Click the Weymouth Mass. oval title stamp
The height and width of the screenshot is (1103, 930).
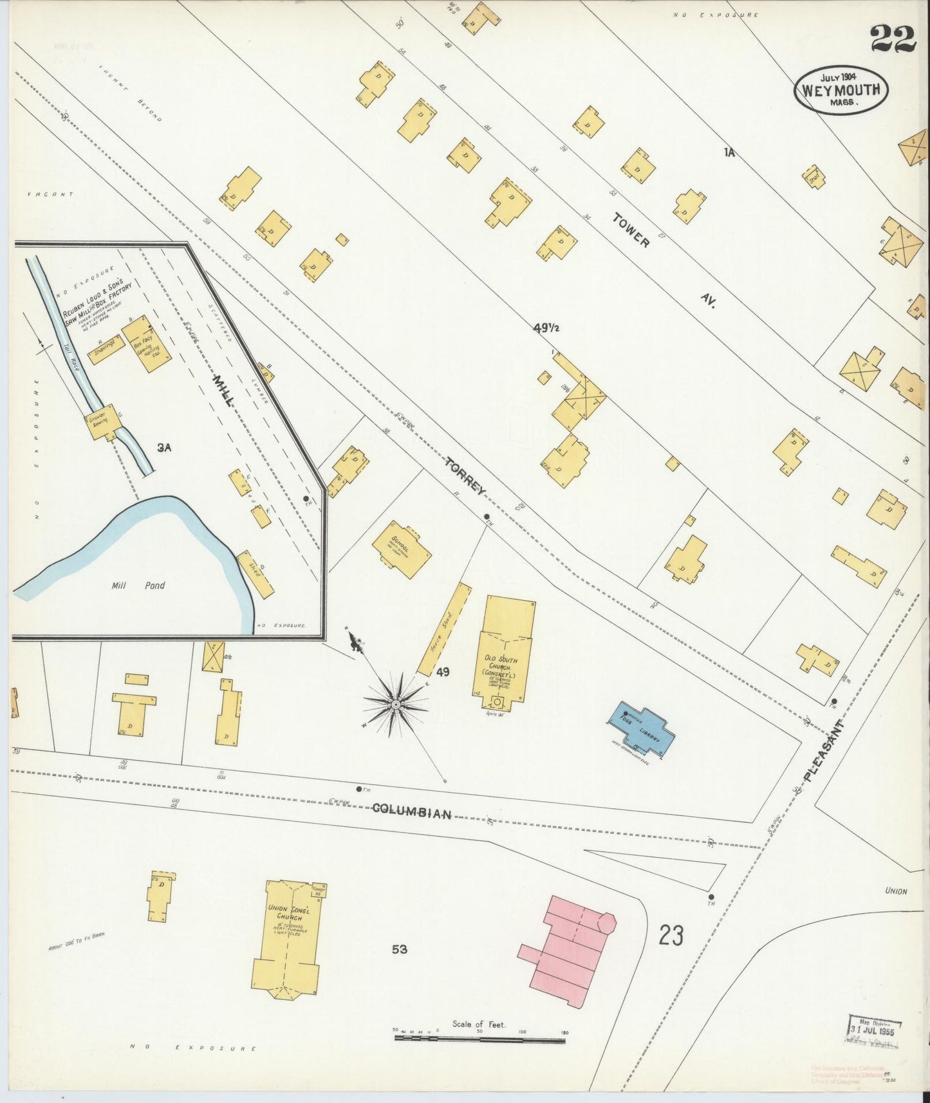click(x=841, y=91)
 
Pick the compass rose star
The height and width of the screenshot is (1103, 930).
click(x=395, y=706)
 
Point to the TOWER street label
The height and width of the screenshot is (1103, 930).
click(x=631, y=230)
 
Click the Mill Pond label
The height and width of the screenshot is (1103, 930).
click(x=138, y=585)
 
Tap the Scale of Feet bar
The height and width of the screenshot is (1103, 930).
click(x=479, y=1039)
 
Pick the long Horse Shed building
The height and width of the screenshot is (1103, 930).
click(x=444, y=628)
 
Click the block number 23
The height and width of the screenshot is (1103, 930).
click(x=670, y=936)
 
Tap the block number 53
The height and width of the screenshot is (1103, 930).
click(x=399, y=949)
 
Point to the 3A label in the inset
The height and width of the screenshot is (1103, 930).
click(x=163, y=447)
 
